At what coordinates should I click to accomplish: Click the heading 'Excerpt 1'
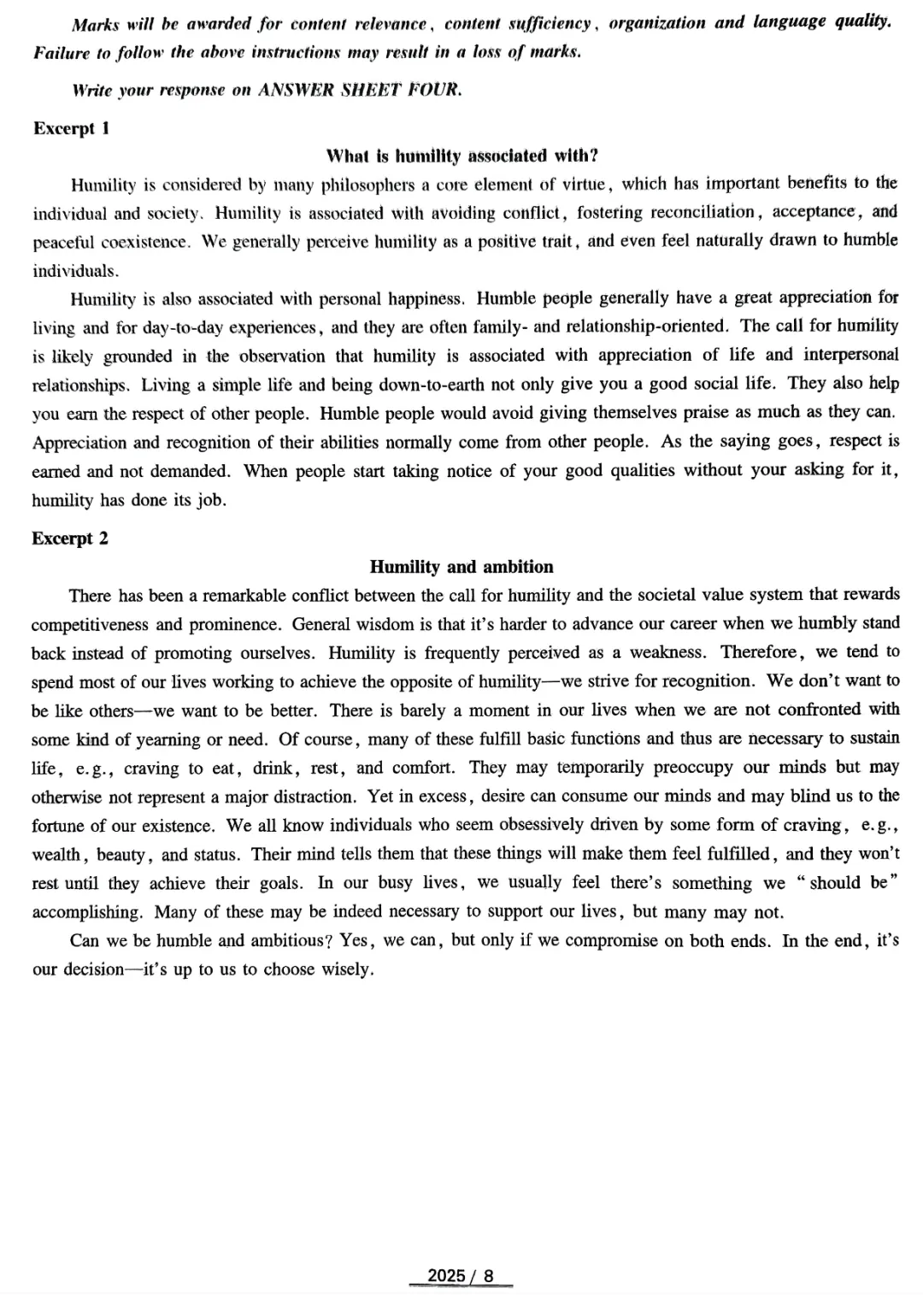[x=72, y=128]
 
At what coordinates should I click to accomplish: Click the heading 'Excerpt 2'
[x=70, y=539]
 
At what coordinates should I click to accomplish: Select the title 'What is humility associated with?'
[x=462, y=156]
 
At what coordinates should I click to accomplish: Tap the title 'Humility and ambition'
[x=461, y=567]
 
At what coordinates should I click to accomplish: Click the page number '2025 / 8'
[x=461, y=1276]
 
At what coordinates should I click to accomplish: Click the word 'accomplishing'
[x=88, y=912]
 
